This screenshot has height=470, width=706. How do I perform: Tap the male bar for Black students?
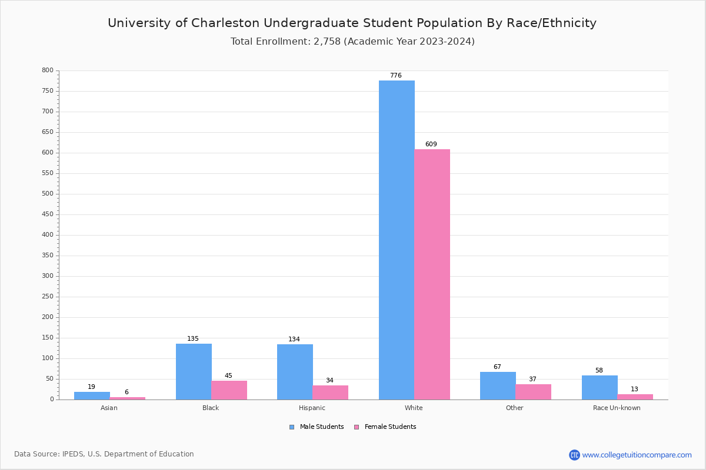[194, 371]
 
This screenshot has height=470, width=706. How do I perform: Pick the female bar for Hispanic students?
[330, 392]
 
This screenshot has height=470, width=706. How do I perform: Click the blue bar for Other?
[498, 385]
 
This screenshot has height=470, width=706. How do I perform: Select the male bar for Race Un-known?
[600, 387]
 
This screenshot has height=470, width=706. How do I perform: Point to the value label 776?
[396, 76]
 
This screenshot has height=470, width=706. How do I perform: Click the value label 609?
[431, 145]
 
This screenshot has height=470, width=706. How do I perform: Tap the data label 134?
[294, 340]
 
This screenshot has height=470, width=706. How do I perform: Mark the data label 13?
[634, 390]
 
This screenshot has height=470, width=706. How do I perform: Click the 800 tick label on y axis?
[47, 70]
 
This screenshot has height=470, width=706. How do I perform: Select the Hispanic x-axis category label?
[312, 408]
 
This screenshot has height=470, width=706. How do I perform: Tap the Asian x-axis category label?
[109, 408]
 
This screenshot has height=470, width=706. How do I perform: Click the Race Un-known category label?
[617, 408]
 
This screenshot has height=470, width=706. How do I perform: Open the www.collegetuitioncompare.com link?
[637, 455]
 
